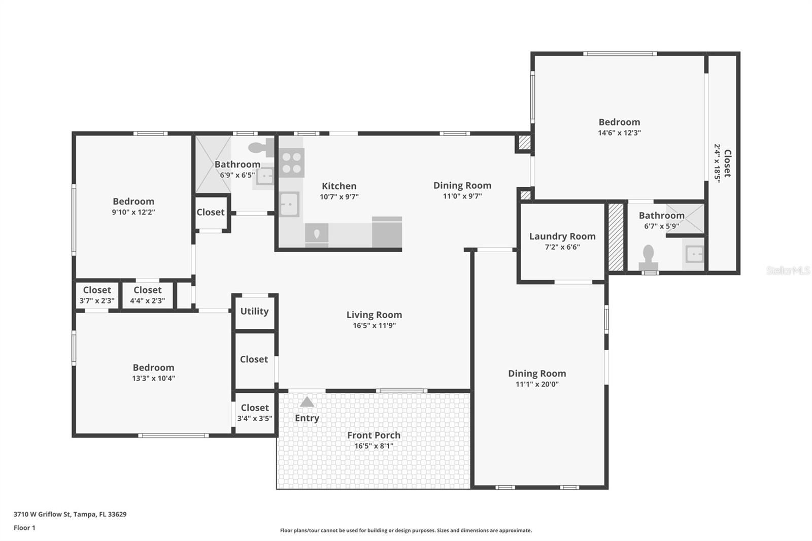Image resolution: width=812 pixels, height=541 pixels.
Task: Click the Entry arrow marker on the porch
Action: [x=307, y=402]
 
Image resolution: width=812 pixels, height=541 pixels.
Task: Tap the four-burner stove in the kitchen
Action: [x=292, y=163]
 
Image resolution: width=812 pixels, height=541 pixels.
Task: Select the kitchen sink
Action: [x=289, y=205]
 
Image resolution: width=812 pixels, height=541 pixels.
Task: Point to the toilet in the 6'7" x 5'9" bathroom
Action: [x=648, y=258]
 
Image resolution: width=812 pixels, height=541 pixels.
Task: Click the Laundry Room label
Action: [x=562, y=236]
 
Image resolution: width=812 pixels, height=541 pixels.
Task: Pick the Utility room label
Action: [x=254, y=312]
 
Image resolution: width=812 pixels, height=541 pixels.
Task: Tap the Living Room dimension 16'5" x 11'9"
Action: [x=374, y=326]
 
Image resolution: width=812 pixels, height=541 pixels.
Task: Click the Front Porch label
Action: [x=374, y=435]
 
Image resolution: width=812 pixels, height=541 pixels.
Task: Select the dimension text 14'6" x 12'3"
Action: [x=619, y=132]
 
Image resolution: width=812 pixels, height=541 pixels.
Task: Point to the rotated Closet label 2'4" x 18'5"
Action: [x=723, y=163]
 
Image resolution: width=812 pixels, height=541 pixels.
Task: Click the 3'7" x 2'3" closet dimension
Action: [x=97, y=300]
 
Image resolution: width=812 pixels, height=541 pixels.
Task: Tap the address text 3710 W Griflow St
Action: [x=42, y=514]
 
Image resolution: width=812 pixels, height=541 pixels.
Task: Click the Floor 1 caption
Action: [x=24, y=528]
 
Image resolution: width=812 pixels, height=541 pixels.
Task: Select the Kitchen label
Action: [x=339, y=186]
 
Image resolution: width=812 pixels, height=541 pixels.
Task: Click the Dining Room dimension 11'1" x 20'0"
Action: [x=537, y=384]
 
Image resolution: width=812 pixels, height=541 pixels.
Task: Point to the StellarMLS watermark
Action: [x=788, y=270]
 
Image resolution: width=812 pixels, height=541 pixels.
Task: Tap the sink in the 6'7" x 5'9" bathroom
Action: [x=694, y=254]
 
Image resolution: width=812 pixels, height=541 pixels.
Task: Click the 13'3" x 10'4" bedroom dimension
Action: [x=153, y=378]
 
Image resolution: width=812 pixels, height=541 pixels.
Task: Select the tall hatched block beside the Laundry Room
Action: [x=616, y=237]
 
